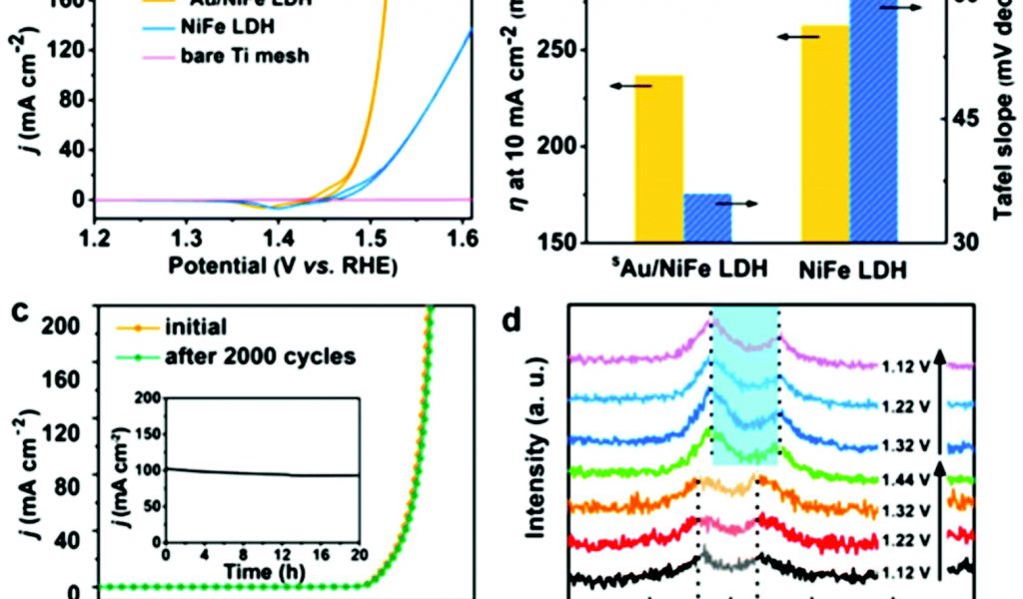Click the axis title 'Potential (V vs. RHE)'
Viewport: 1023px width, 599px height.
[x=283, y=267]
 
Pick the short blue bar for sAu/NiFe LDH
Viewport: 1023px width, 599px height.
[x=707, y=217]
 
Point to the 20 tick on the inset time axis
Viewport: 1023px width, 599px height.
[x=357, y=555]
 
